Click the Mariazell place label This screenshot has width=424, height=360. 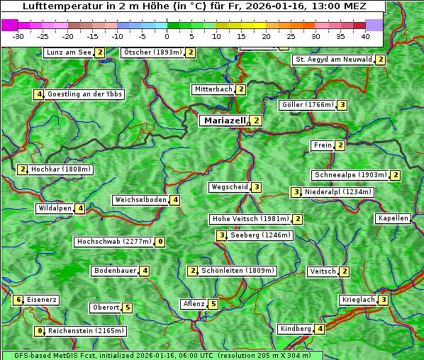pyautogui.click(x=224, y=120)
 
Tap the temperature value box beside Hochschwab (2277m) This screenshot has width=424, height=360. pyautogui.click(x=161, y=242)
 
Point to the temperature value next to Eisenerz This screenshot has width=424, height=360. pyautogui.click(x=19, y=300)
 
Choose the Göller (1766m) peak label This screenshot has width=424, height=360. pyautogui.click(x=307, y=105)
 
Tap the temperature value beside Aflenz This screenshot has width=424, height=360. pyautogui.click(x=213, y=304)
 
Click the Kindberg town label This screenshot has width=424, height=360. pyautogui.click(x=296, y=329)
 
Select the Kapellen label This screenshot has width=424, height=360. pyautogui.click(x=393, y=218)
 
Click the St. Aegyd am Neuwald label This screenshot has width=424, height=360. pyautogui.click(x=333, y=60)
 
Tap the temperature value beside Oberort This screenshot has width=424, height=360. pyautogui.click(x=127, y=308)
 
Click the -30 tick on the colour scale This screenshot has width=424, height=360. pyautogui.click(x=18, y=35)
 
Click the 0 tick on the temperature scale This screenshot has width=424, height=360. pyautogui.click(x=167, y=35)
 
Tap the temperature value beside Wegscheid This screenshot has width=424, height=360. pyautogui.click(x=256, y=187)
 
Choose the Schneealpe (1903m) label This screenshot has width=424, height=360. pyautogui.click(x=350, y=175)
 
